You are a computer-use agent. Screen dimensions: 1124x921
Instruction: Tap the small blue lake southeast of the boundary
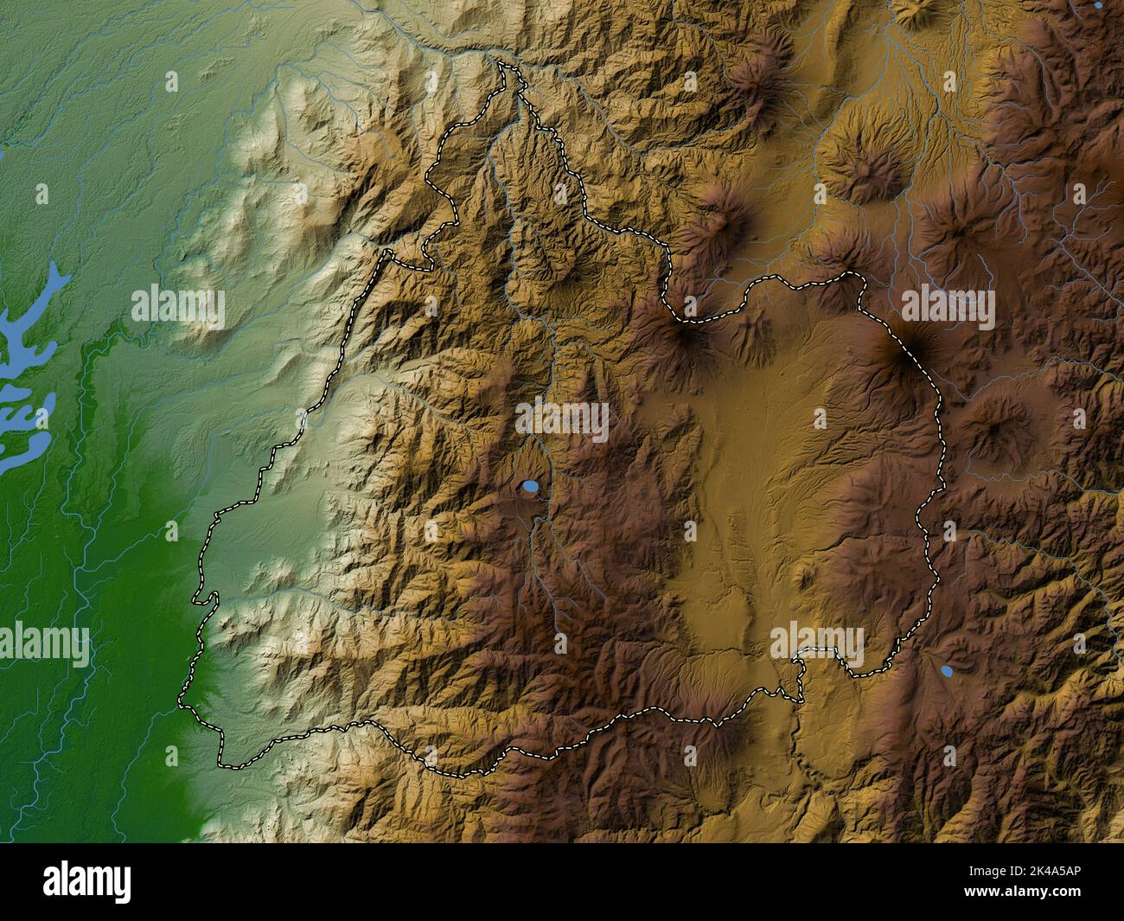(x=947, y=670)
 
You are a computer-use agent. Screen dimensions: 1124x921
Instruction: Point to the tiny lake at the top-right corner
(x=1098, y=4)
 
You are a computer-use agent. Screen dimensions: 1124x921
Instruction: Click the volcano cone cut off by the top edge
(x=916, y=10)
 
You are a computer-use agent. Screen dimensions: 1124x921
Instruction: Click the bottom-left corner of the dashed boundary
(x=220, y=764)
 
